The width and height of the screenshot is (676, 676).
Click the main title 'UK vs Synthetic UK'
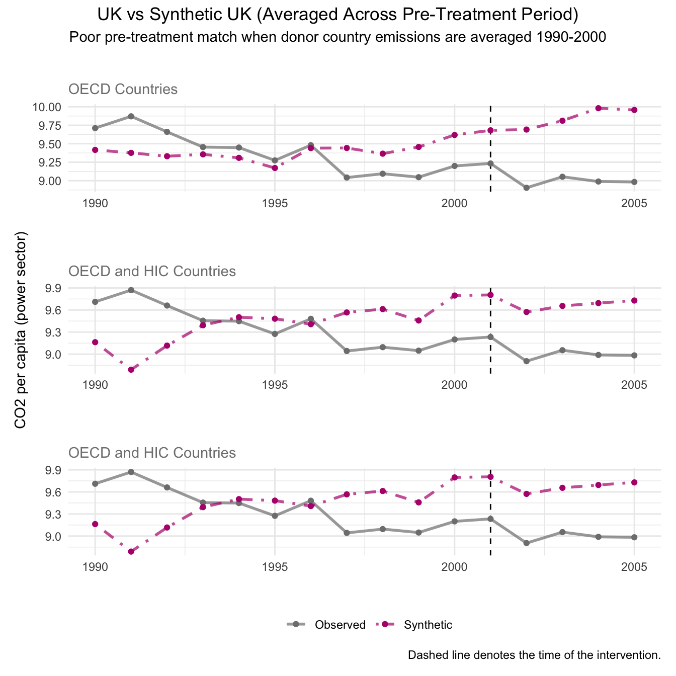coord(337,15)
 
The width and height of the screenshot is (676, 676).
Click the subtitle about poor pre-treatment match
coord(337,37)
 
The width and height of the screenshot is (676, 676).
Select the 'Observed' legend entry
coord(340,625)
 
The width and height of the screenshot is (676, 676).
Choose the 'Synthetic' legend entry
coord(428,625)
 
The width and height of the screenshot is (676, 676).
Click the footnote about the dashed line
coord(534,655)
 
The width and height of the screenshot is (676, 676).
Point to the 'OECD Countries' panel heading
coord(123,90)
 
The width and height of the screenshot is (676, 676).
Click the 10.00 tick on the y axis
coord(46,107)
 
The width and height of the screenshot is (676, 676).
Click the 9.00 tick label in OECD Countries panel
coord(49,181)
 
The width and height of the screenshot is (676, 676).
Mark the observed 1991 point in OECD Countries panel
coord(131,116)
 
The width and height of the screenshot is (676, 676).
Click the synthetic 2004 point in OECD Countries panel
coord(599,108)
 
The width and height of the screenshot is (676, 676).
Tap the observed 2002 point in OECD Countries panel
coord(527,188)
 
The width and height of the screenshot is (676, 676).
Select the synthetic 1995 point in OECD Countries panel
coord(275,168)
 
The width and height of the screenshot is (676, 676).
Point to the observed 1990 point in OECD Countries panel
coord(95,128)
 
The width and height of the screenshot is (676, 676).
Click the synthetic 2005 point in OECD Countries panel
coord(635,110)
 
